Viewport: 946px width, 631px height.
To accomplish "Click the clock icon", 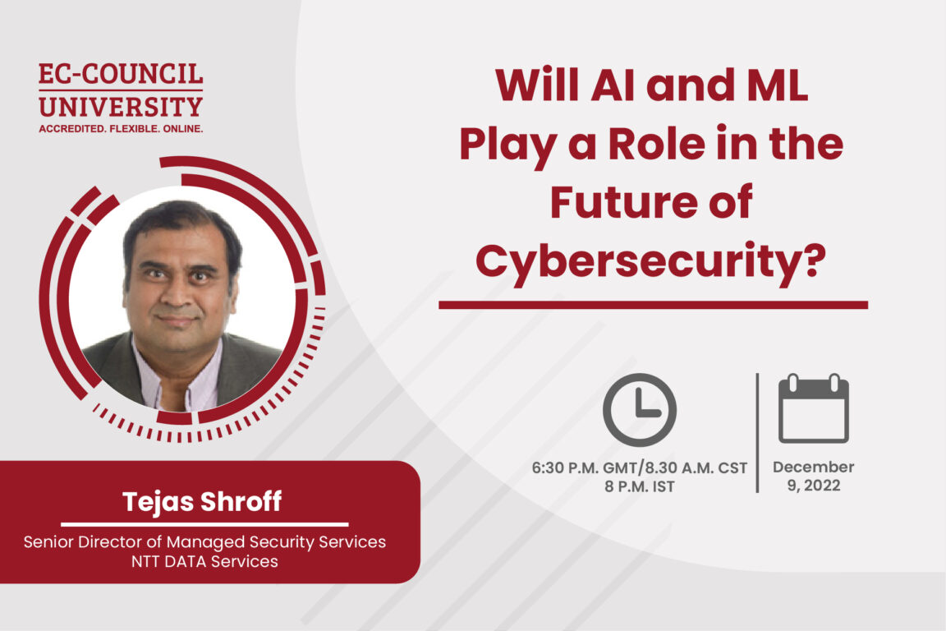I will pos(640,409).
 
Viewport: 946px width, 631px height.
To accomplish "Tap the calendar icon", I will pos(813,408).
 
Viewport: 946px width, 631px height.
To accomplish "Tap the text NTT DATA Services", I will pos(204,562).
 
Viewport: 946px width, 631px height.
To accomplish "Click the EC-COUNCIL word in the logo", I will pos(121,76).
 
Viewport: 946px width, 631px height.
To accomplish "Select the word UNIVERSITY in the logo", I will pos(121,106).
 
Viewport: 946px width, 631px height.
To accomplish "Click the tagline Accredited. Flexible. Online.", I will pos(121,129).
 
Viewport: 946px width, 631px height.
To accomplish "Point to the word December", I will pos(813,467).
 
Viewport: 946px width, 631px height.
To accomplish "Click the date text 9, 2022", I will pos(813,485).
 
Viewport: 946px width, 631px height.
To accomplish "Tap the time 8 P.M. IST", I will pos(640,485).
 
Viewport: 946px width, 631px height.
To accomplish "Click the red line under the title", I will pos(653,305).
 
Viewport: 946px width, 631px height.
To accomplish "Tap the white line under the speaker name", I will pos(204,523).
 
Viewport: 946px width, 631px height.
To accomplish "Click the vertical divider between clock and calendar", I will pos(756,432).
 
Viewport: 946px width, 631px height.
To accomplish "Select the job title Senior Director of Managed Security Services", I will pos(204,542).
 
